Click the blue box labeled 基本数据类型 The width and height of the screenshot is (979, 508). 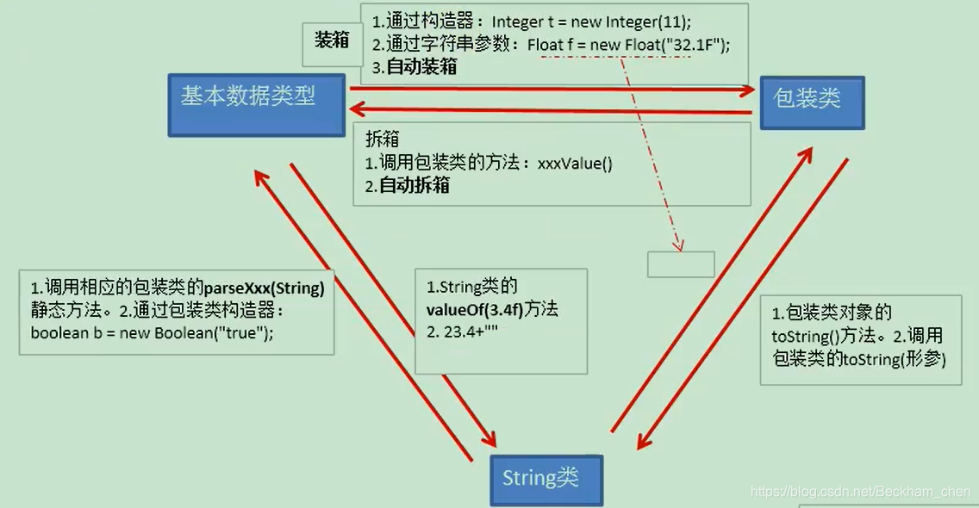pos(256,104)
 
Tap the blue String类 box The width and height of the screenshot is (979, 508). pos(546,480)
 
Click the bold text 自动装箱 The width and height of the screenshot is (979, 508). pos(421,67)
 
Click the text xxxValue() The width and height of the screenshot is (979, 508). pos(575,163)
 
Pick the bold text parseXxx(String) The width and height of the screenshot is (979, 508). pos(264,288)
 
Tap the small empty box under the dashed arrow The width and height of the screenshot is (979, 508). pos(681,264)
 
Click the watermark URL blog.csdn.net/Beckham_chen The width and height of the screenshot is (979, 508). pos(861,492)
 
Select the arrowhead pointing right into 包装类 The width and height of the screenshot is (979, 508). pos(748,89)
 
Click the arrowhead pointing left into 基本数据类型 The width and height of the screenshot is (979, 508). pos(355,108)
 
